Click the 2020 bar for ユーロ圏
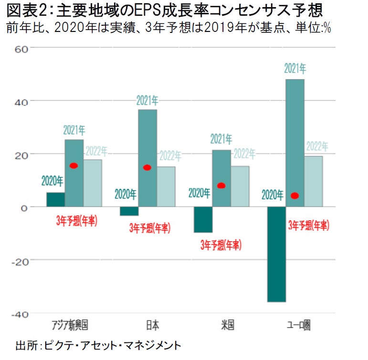[276, 254]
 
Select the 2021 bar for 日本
[147, 158]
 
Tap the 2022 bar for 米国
[240, 186]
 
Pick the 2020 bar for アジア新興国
[55, 199]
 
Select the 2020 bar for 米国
[203, 219]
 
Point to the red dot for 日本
[147, 167]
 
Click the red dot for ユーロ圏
[294, 195]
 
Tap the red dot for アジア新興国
[74, 165]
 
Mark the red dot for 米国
[221, 185]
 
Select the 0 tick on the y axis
[27, 207]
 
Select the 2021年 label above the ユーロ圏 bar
[295, 69]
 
